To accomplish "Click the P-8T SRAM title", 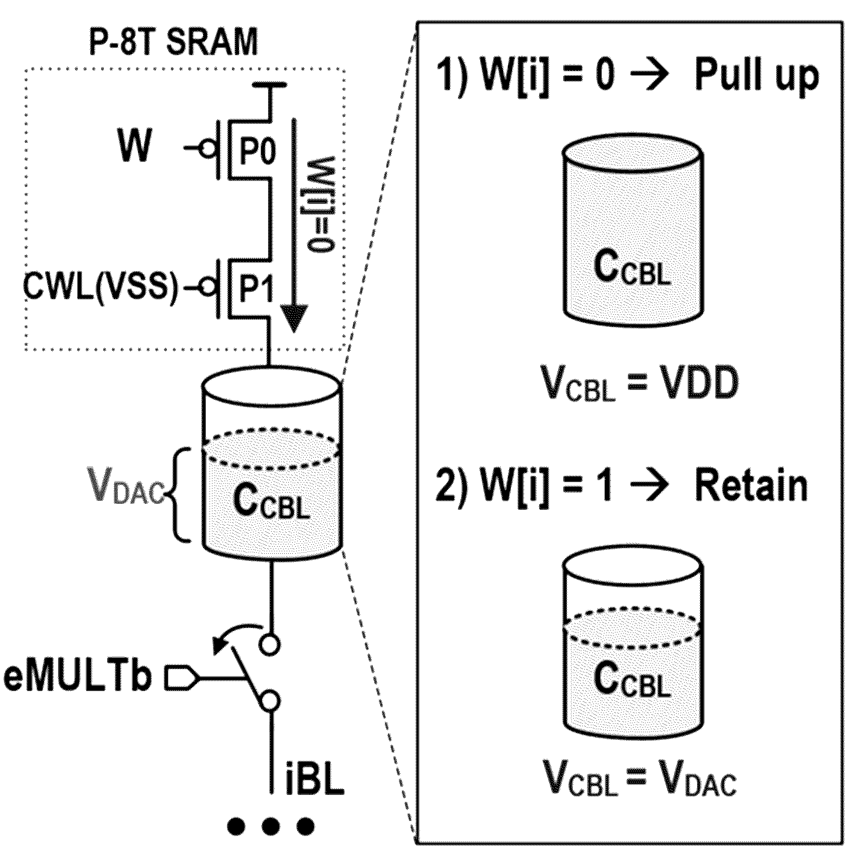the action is click(173, 42).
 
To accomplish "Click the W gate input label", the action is click(134, 146).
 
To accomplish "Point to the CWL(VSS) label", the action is click(100, 289).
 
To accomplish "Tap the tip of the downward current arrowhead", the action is click(293, 332).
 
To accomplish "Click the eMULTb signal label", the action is click(78, 678).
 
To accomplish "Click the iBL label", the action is click(314, 778).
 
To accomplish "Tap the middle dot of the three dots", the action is click(270, 826).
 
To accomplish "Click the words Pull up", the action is click(756, 78).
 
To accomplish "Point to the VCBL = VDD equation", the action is click(639, 383).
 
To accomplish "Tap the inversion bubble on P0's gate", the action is click(207, 148).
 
